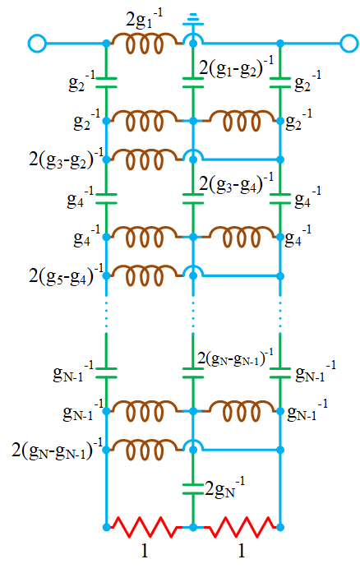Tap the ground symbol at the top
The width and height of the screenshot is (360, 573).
coord(192,17)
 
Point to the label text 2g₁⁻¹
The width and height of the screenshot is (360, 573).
coord(143,16)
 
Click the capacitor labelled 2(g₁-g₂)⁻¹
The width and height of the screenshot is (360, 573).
coord(192,81)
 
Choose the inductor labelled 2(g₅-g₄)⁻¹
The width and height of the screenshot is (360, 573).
coord(149,273)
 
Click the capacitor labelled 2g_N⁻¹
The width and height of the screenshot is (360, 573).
coord(192,487)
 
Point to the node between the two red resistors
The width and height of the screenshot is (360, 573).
coord(192,525)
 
